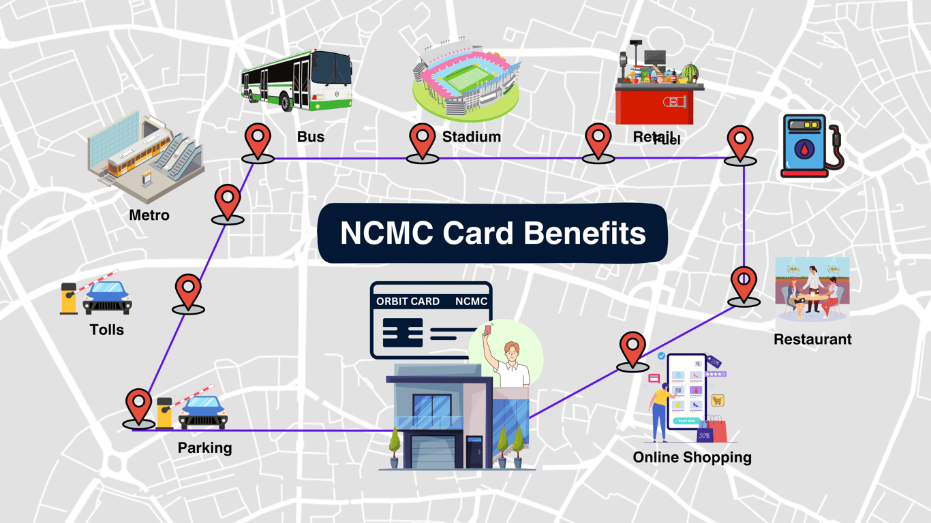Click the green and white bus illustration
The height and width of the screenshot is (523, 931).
pos(297,80)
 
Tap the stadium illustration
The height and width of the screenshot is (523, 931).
pos(466,82)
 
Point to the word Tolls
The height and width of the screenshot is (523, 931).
pos(107,330)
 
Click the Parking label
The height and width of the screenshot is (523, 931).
pos(204,448)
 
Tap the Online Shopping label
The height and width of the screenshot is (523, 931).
pos(692,458)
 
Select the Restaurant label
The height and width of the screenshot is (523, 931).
pos(812,339)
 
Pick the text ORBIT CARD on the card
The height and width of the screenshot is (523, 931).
pos(408,301)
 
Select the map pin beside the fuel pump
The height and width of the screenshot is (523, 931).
pos(740,143)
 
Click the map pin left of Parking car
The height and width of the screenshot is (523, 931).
pos(138,407)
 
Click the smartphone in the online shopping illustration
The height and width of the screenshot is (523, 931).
pos(687,392)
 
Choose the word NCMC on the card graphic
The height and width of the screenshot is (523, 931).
pos(471,301)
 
